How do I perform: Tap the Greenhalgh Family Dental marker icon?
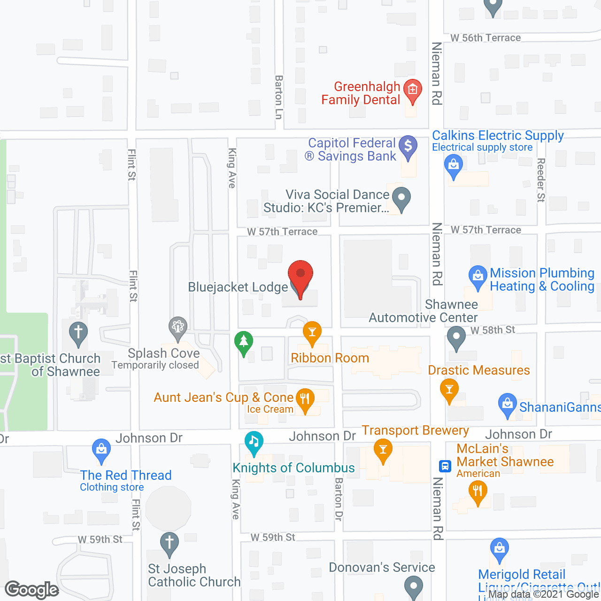[413, 90]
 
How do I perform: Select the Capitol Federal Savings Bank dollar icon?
[408, 146]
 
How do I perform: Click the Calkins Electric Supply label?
[498, 136]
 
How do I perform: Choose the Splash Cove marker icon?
[178, 327]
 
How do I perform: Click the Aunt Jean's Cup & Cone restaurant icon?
[305, 400]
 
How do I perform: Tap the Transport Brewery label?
[415, 431]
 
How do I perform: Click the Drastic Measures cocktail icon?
[449, 390]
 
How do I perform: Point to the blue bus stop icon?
[445, 466]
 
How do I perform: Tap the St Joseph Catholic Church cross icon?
[170, 543]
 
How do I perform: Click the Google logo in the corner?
[32, 589]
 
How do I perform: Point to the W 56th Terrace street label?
[485, 38]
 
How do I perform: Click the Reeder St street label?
[541, 180]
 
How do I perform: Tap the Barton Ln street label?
[279, 97]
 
